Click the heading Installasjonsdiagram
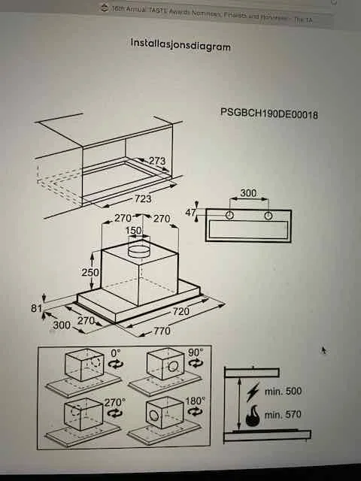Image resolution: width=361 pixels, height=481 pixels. (180, 46)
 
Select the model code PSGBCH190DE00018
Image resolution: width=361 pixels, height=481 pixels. (268, 114)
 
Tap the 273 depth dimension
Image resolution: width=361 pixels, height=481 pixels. (156, 161)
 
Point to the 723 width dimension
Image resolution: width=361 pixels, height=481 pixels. (142, 198)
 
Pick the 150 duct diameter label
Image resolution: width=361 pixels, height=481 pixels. (133, 231)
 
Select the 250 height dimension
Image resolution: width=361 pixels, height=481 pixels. (90, 273)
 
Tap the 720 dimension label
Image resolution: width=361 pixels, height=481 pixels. (181, 310)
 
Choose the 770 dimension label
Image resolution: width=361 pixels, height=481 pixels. (161, 331)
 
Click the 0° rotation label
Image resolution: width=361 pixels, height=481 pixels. (115, 351)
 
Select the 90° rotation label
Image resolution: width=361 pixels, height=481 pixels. (195, 351)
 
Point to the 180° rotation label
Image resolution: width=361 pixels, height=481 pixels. (195, 401)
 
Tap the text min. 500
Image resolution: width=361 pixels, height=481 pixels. (283, 392)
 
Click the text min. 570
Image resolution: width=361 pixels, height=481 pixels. (283, 414)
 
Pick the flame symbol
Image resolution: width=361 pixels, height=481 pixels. (253, 414)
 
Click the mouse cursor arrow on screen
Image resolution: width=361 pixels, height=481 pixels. (323, 350)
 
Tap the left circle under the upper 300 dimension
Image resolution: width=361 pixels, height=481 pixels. (229, 216)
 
